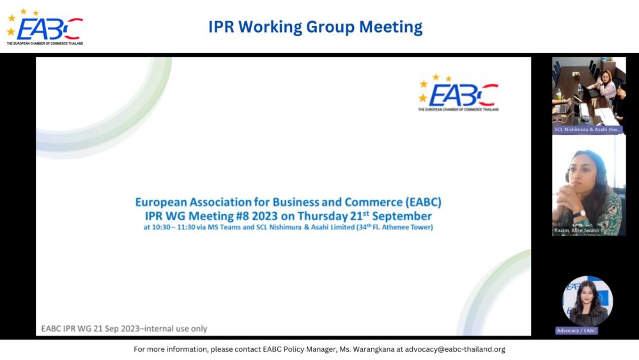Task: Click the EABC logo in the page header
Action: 45,27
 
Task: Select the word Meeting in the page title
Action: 390,27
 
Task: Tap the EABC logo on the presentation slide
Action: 458,93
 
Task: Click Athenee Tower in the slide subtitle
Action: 408,228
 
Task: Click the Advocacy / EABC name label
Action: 577,331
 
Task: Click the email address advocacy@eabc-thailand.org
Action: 451,349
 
